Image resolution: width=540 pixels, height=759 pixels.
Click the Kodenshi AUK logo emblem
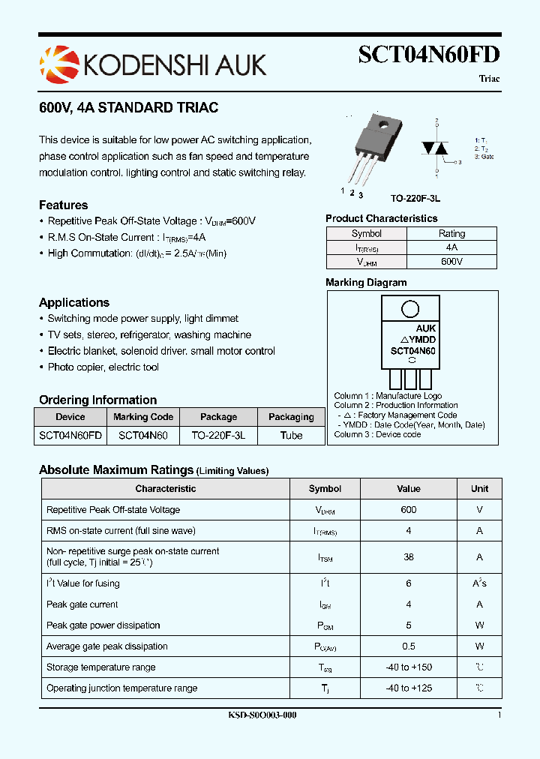click(58, 64)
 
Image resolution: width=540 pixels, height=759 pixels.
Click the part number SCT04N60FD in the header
click(429, 55)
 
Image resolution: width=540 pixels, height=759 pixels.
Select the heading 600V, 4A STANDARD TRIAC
click(128, 108)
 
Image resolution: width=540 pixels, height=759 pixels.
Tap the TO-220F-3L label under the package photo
click(415, 198)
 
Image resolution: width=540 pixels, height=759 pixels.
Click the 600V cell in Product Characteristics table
click(451, 262)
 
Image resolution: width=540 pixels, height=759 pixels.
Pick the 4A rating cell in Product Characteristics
click(451, 247)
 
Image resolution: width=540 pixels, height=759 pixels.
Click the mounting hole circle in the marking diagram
click(409, 309)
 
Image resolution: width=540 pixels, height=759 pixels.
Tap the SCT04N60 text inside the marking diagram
click(413, 350)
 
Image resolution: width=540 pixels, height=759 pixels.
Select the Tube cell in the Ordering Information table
click(291, 435)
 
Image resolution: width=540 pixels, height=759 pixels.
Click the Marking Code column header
click(143, 417)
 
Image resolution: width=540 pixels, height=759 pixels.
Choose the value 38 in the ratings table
click(408, 557)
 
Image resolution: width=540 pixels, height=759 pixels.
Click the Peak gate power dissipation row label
click(103, 625)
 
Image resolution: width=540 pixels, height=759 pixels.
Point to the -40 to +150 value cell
click(408, 667)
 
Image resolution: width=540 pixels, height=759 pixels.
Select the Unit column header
click(479, 489)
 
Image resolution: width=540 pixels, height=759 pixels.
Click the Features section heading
click(63, 205)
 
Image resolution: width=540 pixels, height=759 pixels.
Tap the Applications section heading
click(74, 303)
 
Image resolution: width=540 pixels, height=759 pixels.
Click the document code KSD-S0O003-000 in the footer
click(262, 715)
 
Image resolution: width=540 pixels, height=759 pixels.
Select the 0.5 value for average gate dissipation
click(408, 646)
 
